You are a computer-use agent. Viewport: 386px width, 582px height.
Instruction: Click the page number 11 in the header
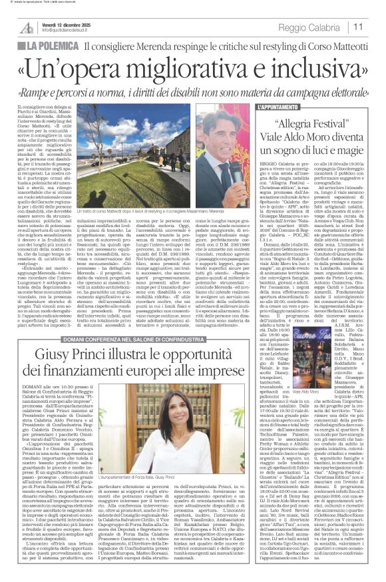tap(375, 27)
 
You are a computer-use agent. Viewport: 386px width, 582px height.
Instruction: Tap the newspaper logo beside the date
tap(25, 27)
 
